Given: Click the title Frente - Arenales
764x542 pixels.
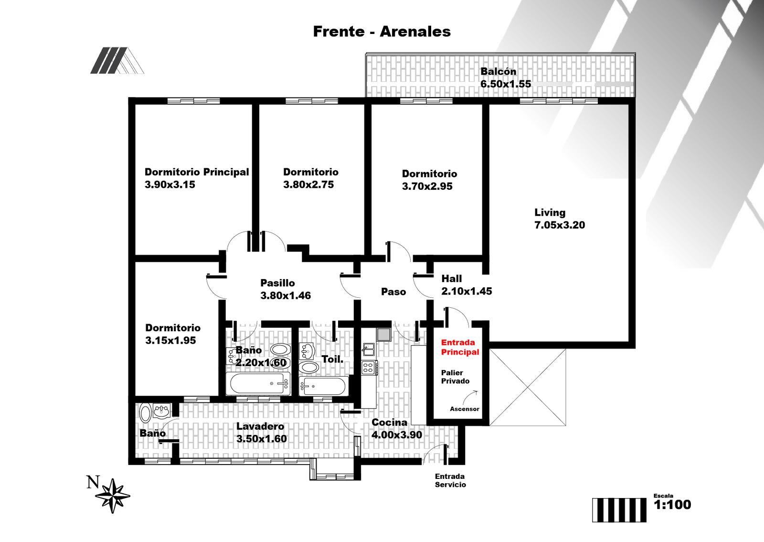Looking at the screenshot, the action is (x=382, y=32).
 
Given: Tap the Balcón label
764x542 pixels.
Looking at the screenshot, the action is (x=499, y=71).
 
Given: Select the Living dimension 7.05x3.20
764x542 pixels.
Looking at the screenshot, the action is (x=560, y=225).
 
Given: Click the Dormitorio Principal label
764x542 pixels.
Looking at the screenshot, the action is (x=197, y=172).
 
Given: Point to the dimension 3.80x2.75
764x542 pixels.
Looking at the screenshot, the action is (x=308, y=184).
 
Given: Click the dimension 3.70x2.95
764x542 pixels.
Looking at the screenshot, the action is (x=427, y=186).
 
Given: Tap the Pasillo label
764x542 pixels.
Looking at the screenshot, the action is (x=277, y=283).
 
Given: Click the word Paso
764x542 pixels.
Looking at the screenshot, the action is (x=393, y=292).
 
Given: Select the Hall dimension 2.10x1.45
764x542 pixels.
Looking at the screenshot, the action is (x=467, y=291).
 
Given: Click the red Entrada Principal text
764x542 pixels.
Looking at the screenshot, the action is (x=460, y=347).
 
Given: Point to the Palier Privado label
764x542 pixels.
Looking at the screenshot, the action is (x=456, y=377).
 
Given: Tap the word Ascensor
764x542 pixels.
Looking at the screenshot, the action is (x=465, y=409).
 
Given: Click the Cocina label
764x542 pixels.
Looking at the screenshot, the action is (x=389, y=423).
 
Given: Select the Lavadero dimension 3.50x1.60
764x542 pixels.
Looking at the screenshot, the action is (x=262, y=439).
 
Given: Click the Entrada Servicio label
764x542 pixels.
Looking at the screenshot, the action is (x=450, y=480).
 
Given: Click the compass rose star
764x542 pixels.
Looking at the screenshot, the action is (x=113, y=496).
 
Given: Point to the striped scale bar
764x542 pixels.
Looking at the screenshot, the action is (x=619, y=510).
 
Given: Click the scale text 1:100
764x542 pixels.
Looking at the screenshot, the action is (x=672, y=505).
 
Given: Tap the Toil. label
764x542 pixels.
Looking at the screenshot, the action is (x=332, y=359).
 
